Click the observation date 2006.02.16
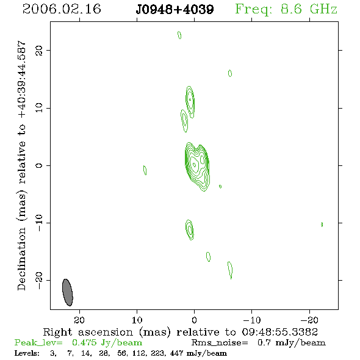tap(62, 9)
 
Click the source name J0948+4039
tap(175, 10)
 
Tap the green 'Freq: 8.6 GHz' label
tap(286, 10)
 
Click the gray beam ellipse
tap(68, 292)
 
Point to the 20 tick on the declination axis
tap(39, 50)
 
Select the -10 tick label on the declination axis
tap(39, 223)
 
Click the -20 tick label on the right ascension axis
tap(309, 320)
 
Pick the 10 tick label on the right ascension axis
tap(137, 320)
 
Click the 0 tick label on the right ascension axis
tap(194, 320)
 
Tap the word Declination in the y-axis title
tap(21, 259)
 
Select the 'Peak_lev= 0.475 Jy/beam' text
tap(78, 343)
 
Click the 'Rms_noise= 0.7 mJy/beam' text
tap(259, 343)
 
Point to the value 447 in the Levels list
tap(176, 353)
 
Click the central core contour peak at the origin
tap(194, 165)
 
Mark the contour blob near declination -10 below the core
tap(189, 230)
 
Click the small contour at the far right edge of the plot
tap(322, 225)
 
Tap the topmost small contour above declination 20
tap(179, 35)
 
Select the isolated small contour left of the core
tap(145, 170)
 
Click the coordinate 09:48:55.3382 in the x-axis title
tap(280, 332)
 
